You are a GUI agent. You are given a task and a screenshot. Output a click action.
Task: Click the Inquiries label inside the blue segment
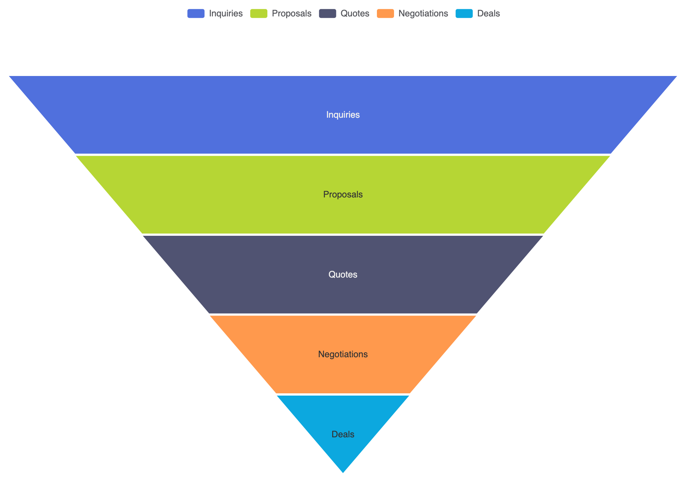(343, 115)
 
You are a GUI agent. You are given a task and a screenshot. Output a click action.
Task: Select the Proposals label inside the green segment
(343, 194)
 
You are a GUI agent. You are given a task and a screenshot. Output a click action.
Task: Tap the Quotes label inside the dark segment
(343, 275)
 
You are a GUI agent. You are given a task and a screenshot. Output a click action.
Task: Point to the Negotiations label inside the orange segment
(343, 354)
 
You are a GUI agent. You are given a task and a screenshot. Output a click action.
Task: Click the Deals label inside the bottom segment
(343, 434)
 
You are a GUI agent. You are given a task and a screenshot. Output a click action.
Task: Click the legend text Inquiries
(226, 14)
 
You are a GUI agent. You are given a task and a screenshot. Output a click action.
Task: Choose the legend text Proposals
(292, 14)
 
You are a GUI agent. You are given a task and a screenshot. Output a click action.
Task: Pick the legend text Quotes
(355, 14)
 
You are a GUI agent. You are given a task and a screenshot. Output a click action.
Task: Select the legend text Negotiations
(423, 14)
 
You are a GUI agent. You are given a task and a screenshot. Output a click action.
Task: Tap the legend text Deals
(489, 14)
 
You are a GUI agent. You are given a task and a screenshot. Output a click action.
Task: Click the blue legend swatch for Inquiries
(196, 14)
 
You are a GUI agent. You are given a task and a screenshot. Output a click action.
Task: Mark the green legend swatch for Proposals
(259, 14)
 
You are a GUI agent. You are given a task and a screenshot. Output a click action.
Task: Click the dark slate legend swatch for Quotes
(327, 14)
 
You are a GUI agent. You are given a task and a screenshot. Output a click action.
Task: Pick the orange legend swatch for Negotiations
(385, 14)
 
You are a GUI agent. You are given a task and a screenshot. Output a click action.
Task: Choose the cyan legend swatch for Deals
(464, 14)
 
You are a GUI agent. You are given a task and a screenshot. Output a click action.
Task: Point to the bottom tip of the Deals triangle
(343, 473)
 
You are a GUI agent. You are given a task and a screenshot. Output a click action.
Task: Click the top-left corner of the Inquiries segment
(9, 76)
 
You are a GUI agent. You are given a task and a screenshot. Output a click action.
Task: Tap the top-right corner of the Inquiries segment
(677, 76)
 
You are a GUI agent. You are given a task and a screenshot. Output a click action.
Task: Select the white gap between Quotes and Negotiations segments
(343, 315)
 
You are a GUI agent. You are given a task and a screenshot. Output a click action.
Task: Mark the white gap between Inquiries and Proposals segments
(343, 155)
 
